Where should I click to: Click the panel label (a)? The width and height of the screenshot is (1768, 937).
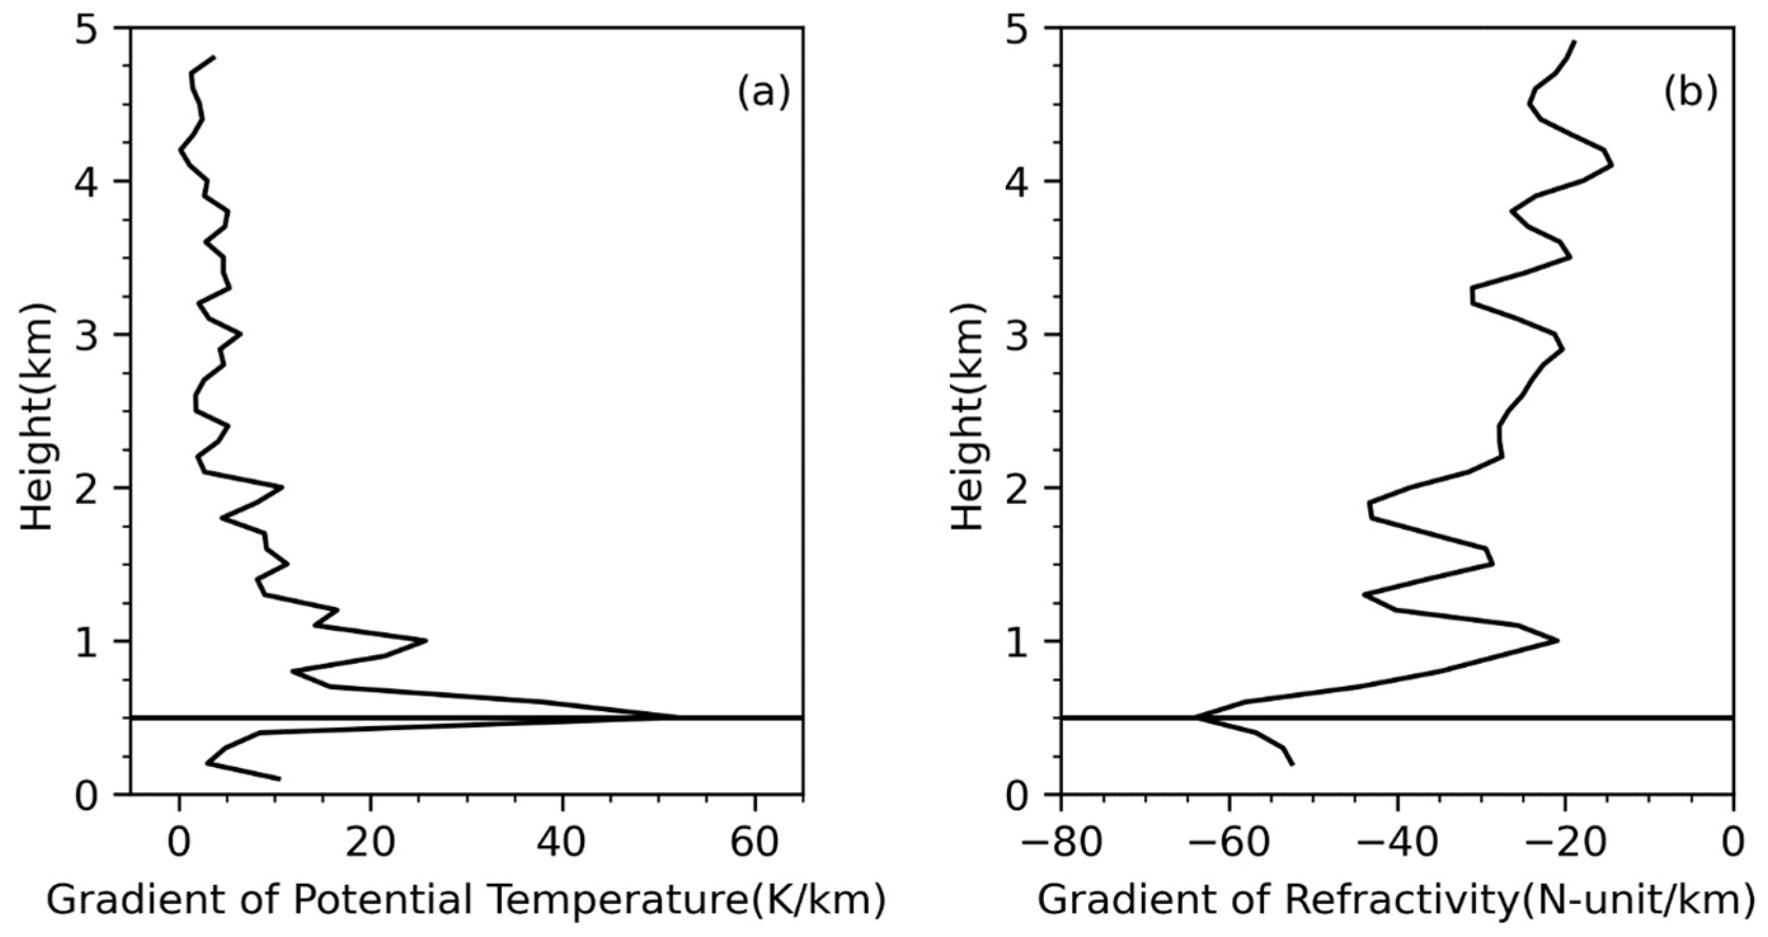763,93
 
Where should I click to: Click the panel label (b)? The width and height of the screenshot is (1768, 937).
1689,93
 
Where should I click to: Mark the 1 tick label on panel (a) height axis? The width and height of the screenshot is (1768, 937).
88,642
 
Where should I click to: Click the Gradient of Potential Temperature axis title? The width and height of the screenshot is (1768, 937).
465,901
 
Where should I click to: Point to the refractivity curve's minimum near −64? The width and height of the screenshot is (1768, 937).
1196,717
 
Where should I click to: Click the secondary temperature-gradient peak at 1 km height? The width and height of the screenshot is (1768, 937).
426,641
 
